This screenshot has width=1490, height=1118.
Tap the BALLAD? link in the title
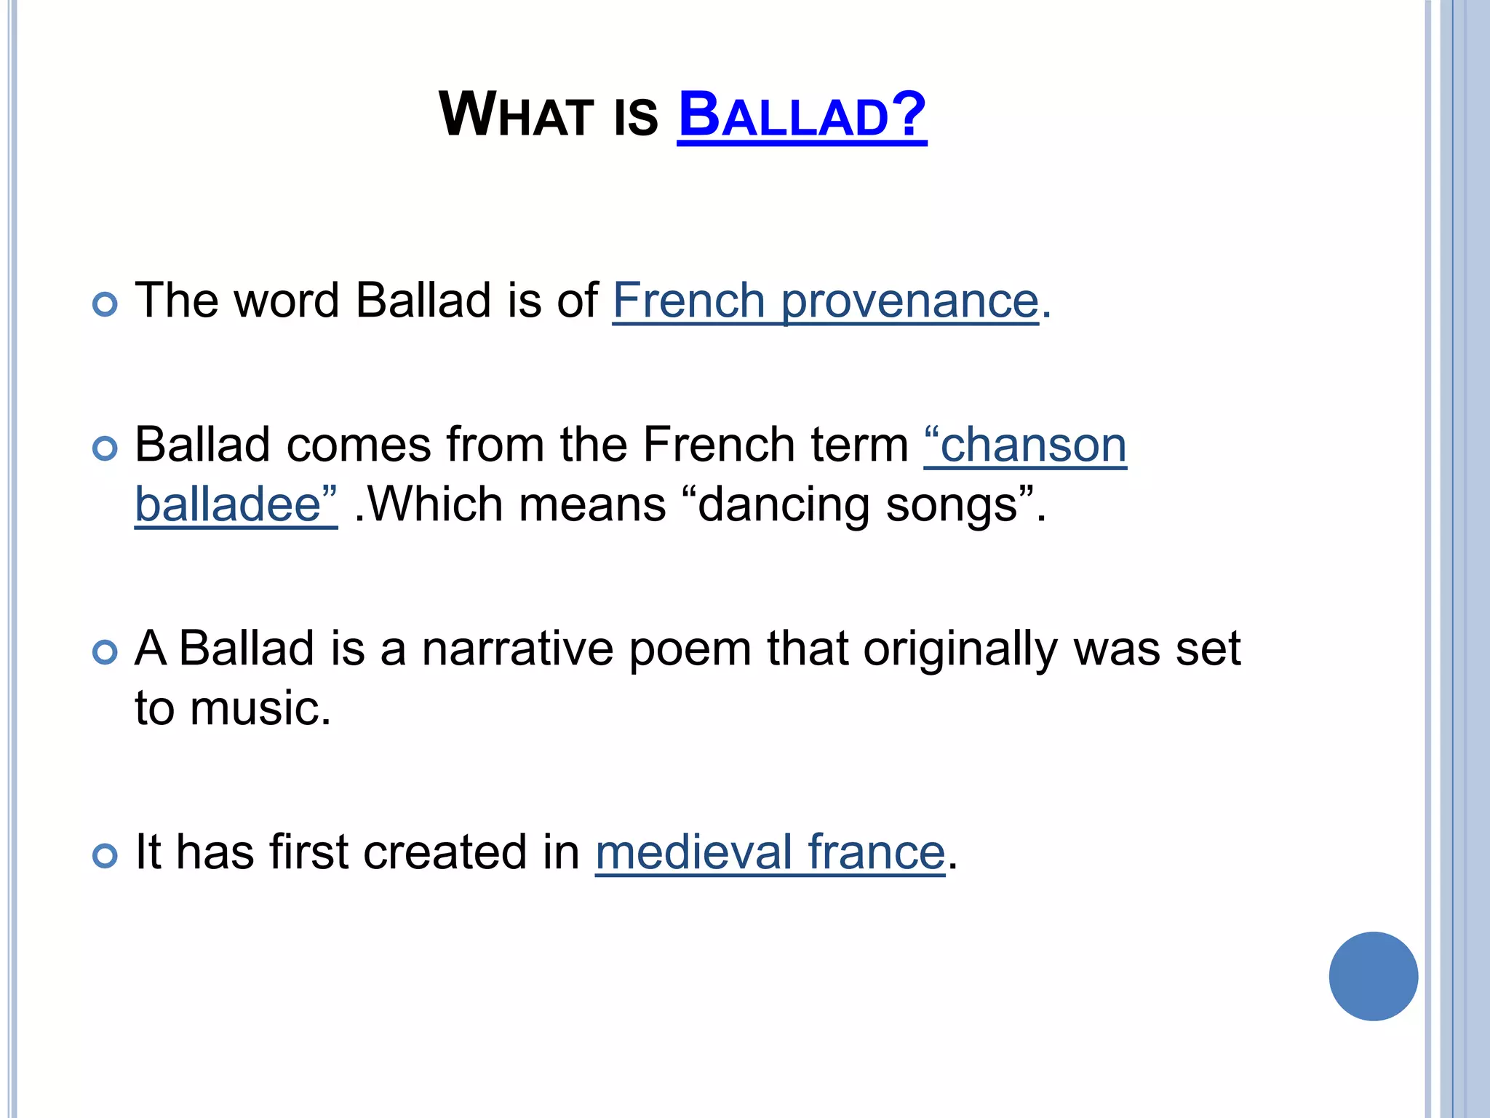[802, 115]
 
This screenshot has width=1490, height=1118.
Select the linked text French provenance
[826, 300]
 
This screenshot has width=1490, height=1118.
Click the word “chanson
[1025, 445]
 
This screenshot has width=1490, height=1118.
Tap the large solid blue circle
[1373, 976]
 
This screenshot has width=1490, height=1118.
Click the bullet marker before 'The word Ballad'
[105, 304]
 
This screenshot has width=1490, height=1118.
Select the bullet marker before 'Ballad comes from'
[105, 448]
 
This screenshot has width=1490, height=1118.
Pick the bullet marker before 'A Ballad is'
[105, 651]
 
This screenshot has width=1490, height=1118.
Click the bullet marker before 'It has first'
[105, 855]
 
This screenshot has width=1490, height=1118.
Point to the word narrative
[517, 648]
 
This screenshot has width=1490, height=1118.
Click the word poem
[690, 648]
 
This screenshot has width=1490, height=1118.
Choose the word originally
[960, 648]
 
